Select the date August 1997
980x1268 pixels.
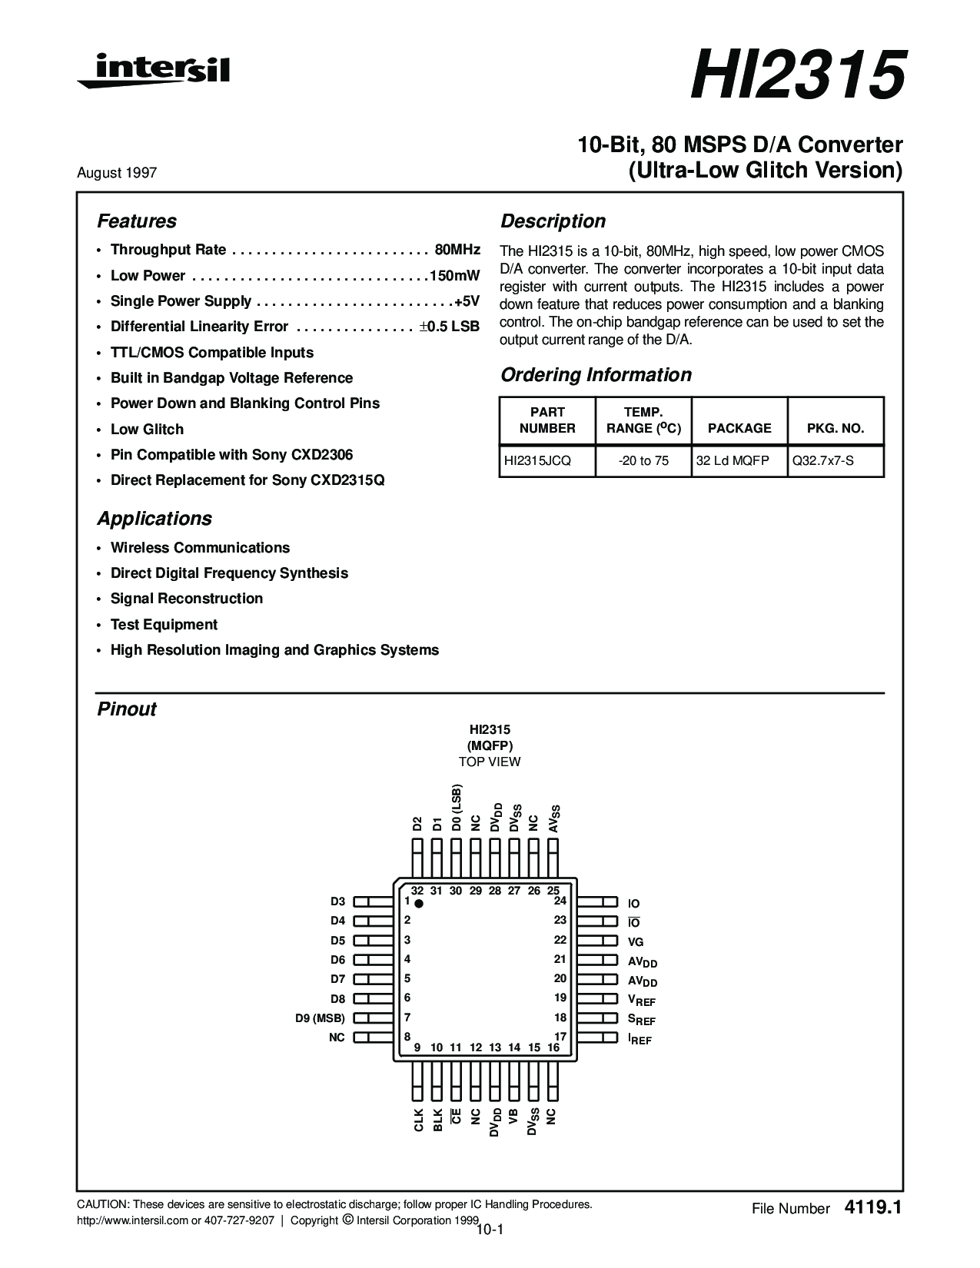click(117, 173)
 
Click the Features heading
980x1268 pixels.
click(136, 221)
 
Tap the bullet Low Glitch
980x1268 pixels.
click(147, 429)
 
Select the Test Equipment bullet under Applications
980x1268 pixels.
click(164, 624)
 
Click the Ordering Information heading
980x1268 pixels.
click(596, 375)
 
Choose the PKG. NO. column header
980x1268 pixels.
click(835, 428)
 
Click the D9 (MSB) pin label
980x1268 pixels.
click(320, 1018)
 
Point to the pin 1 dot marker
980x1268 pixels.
click(419, 905)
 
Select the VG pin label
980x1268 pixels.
click(636, 941)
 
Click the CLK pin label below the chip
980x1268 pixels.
click(418, 1120)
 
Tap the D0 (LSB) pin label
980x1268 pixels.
click(457, 808)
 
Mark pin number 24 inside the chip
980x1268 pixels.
click(560, 901)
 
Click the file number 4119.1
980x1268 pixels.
click(872, 1207)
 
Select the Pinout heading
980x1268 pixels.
click(127, 709)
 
